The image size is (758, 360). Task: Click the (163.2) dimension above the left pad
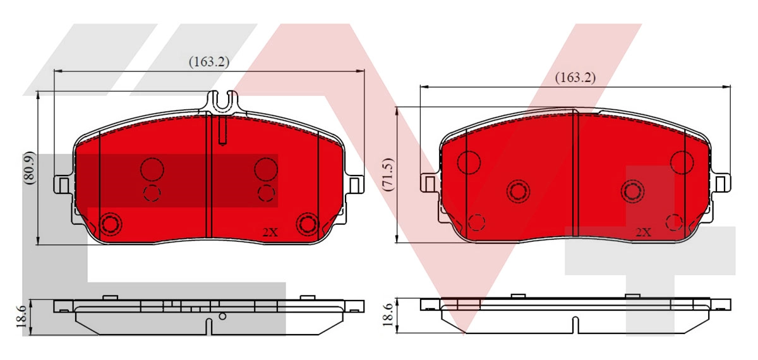[x=209, y=62]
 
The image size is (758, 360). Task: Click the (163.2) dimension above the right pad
[x=575, y=78]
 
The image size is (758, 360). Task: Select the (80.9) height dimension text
[x=30, y=168]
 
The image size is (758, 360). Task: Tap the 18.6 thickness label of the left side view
[x=21, y=316]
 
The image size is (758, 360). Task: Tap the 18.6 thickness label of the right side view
[x=388, y=315]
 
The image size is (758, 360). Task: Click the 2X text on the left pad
[x=270, y=232]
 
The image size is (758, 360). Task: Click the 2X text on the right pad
[x=644, y=232]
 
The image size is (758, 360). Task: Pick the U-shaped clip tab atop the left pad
[x=222, y=101]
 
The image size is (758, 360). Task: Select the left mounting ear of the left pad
[x=64, y=184]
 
